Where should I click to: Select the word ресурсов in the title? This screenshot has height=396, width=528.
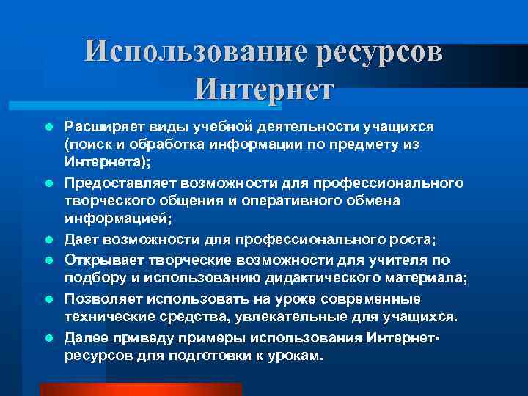pos(380,52)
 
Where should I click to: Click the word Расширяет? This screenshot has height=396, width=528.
pos(100,128)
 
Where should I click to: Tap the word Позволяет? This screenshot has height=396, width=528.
pos(99,298)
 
